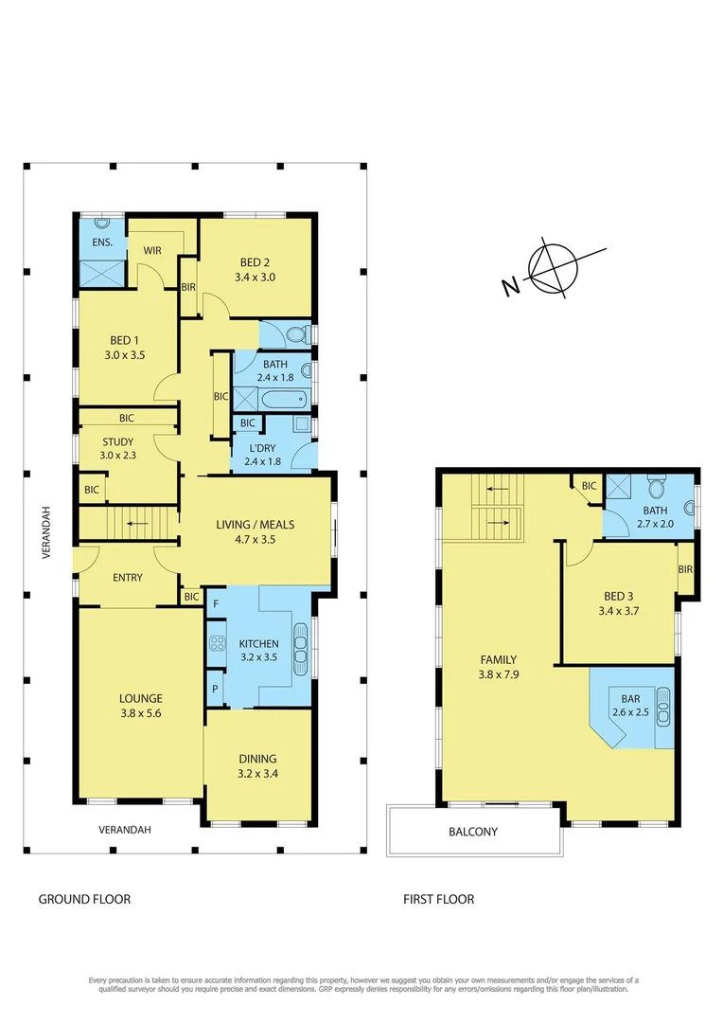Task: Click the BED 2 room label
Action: click(255, 261)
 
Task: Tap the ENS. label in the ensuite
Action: click(102, 242)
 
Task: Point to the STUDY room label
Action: click(117, 441)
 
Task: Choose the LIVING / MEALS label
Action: click(256, 525)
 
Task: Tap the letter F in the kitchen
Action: click(217, 602)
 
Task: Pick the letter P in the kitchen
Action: click(216, 689)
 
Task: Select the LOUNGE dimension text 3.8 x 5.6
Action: click(140, 713)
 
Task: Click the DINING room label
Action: click(257, 759)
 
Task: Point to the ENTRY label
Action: click(128, 578)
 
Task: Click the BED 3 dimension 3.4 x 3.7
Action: click(622, 612)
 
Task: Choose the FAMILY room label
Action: click(498, 659)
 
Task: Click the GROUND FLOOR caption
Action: click(84, 899)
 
